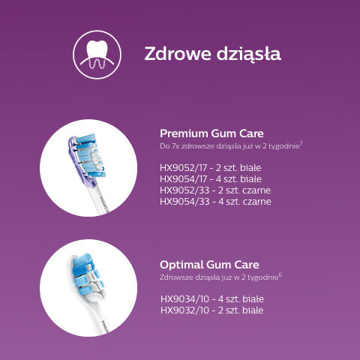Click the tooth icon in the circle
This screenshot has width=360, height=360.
(97, 55)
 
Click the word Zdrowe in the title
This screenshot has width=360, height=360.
(178, 53)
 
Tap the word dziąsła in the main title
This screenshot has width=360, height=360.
(249, 54)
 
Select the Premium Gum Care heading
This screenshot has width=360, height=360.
(211, 133)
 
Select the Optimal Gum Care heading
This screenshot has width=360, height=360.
(209, 265)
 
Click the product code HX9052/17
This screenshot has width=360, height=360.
(183, 168)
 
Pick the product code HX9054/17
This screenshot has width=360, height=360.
(183, 179)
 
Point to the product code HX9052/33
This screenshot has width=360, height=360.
(184, 190)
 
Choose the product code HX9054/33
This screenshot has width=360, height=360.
(184, 202)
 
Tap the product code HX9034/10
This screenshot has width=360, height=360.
(184, 299)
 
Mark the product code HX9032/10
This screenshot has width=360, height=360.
(184, 310)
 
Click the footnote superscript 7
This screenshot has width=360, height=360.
(301, 143)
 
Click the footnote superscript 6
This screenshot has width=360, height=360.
(280, 274)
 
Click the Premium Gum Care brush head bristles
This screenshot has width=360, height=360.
(89, 156)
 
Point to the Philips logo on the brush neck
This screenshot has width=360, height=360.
(105, 325)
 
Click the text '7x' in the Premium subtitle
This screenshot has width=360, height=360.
(175, 146)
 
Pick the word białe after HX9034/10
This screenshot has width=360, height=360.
(253, 299)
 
